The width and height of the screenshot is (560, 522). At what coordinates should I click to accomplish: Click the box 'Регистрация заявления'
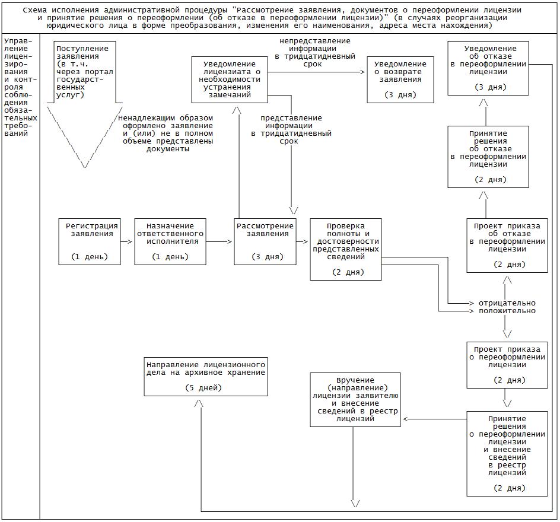[x=90, y=241]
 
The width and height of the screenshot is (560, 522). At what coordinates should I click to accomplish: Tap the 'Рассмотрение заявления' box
[x=265, y=241]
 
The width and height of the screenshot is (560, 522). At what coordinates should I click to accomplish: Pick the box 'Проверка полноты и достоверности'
[x=346, y=249]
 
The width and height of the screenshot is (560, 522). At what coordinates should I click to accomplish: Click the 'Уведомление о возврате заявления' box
[x=400, y=79]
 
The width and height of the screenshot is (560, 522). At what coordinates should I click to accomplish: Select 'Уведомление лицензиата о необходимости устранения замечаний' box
[x=230, y=79]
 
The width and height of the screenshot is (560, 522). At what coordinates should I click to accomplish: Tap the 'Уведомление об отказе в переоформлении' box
[x=488, y=68]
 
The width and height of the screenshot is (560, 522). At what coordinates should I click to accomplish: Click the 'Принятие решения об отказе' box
[x=488, y=157]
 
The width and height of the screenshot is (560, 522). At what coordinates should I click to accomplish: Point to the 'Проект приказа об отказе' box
[x=507, y=246]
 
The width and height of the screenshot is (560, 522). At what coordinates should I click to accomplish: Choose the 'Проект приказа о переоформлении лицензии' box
[x=507, y=364]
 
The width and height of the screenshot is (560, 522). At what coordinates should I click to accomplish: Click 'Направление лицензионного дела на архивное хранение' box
[x=206, y=376]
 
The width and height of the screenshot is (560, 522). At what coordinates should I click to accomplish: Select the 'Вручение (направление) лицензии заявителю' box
[x=355, y=399]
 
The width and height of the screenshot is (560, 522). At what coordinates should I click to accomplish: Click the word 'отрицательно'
[x=507, y=303]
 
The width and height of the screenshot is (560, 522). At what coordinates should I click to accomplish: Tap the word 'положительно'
[x=507, y=311]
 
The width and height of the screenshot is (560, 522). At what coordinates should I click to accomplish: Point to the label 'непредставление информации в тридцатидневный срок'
[x=314, y=53]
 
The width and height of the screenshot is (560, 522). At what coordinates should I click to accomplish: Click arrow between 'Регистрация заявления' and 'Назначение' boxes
[x=127, y=242]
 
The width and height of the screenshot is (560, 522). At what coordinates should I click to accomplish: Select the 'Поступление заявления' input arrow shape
[x=84, y=101]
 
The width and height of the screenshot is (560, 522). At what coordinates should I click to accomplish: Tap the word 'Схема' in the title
[x=36, y=10]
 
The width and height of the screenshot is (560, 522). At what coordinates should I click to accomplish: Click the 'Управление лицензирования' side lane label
[x=20, y=83]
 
